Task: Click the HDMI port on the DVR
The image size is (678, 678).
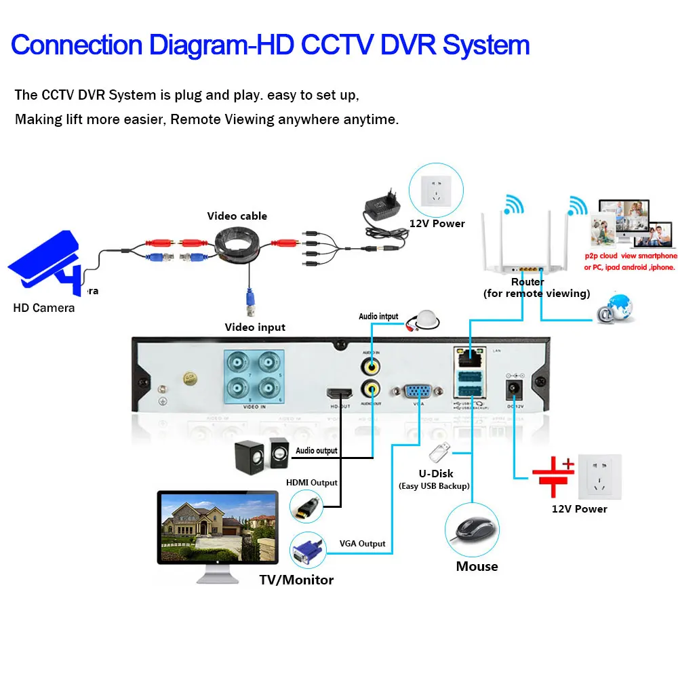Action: (x=338, y=394)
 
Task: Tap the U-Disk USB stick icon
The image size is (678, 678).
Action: (x=440, y=452)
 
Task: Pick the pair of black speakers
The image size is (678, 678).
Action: (x=262, y=454)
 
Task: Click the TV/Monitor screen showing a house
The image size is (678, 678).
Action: (x=218, y=527)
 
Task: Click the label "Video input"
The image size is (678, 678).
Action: (x=255, y=327)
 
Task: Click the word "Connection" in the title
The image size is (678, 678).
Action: (x=77, y=45)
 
